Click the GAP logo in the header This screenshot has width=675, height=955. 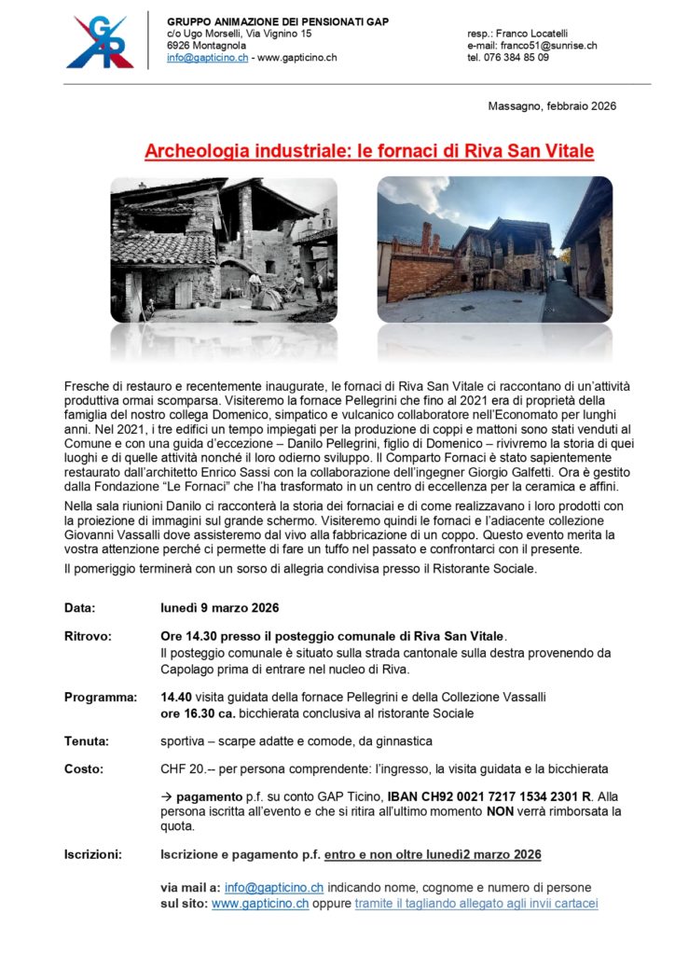tap(100, 42)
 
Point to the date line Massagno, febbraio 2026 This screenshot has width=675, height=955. tap(552, 106)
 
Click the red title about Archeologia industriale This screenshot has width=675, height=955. tap(369, 151)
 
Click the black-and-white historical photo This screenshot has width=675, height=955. tap(224, 251)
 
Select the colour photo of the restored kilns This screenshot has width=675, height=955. tap(494, 251)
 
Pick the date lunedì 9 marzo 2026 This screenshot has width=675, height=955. tap(220, 609)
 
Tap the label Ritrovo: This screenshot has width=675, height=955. tap(88, 637)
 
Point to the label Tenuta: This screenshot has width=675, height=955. tap(86, 741)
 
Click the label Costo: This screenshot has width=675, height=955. tap(84, 769)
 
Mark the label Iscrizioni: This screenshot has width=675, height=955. tap(96, 854)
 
